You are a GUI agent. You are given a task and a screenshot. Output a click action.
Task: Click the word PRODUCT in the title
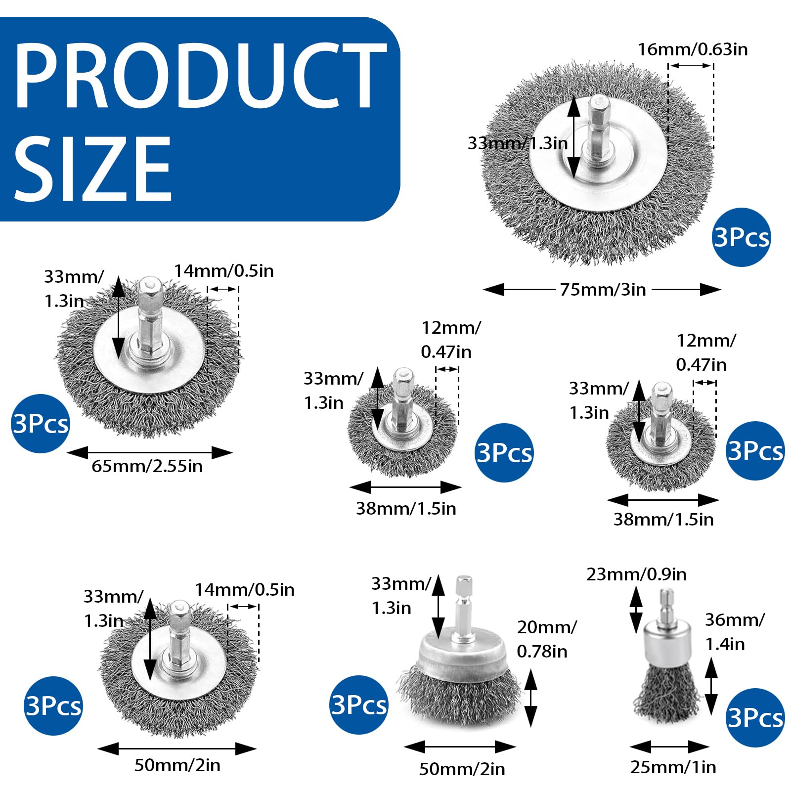point(201,75)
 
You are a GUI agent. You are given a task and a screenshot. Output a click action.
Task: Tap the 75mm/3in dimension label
point(603,290)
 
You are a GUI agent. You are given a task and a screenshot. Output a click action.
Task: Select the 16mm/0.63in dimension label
point(692,49)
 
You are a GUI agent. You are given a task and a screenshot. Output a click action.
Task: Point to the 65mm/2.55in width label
point(147,466)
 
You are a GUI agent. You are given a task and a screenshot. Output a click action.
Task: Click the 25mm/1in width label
point(673,767)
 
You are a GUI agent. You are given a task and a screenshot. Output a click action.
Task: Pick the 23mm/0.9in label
point(636,574)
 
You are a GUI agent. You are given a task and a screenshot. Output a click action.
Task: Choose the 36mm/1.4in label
point(735,632)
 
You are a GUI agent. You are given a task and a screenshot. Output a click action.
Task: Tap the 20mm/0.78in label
point(547,639)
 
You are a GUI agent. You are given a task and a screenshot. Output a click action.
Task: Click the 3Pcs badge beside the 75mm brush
point(742,237)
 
